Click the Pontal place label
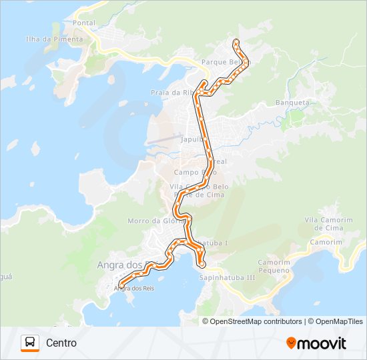pos(85,23)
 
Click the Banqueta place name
pos(292,103)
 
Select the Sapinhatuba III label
pos(228,277)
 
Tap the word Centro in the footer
pos(61,343)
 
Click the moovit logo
pos(316,343)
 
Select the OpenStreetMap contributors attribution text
pos(256,321)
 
